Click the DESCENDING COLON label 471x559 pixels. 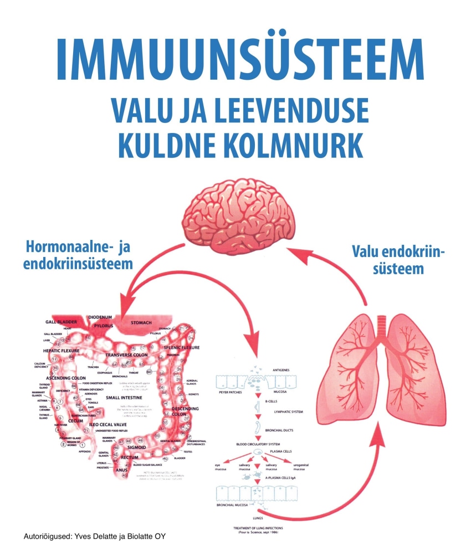pyautogui.click(x=185, y=411)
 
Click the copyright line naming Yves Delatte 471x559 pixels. pyautogui.click(x=94, y=536)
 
